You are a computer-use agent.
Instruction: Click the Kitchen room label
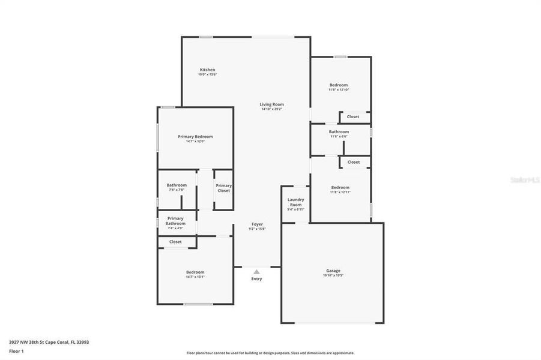207,70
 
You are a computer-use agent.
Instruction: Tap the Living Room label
271,104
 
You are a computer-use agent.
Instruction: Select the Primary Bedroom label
195,137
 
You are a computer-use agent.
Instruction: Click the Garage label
333,271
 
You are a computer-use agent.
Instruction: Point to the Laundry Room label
296,202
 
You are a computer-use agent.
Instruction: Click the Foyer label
257,224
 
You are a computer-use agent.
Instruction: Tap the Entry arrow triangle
256,272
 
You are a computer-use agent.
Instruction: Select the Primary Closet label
223,188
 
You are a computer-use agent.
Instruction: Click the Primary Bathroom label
175,221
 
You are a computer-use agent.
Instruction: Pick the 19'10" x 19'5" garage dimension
333,276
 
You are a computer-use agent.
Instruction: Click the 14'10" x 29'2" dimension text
271,109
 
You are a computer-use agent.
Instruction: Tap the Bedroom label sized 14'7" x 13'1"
195,272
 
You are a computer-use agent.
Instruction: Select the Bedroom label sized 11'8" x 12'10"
339,85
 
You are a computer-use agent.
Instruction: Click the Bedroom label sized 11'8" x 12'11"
340,187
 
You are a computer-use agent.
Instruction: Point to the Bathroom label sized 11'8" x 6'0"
339,131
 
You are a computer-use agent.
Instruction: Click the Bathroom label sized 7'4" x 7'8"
177,185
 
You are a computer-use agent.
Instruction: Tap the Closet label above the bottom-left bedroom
175,242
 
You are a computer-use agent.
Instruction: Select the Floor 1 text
16,351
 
